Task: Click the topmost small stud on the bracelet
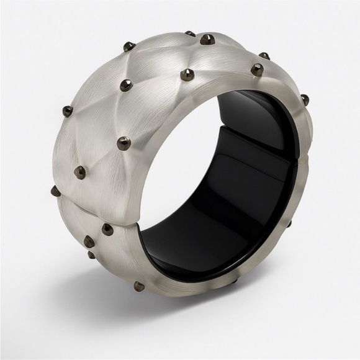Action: (x=190, y=34)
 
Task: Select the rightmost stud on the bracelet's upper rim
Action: (x=304, y=99)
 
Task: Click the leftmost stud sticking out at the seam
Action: (x=56, y=191)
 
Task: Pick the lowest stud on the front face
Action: (x=139, y=286)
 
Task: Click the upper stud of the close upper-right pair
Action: (x=264, y=56)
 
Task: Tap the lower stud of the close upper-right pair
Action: (x=256, y=69)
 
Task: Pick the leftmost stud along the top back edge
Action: (x=129, y=46)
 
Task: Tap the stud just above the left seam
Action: (x=79, y=172)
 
